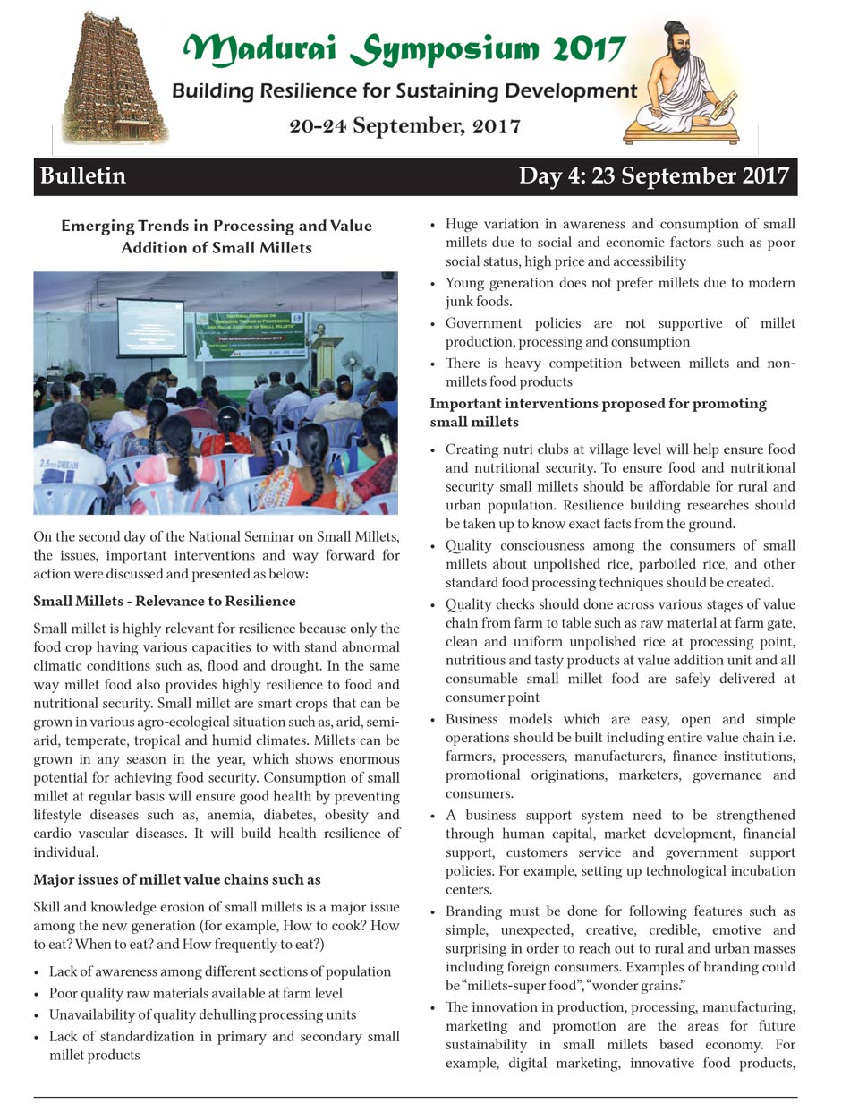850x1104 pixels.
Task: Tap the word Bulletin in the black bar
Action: click(82, 176)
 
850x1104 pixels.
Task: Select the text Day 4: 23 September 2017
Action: click(653, 176)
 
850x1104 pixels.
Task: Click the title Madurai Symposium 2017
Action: click(404, 49)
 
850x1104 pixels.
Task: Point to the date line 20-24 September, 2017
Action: click(404, 126)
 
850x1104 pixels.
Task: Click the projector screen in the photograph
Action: click(150, 328)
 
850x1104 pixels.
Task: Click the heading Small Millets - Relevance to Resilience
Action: click(165, 601)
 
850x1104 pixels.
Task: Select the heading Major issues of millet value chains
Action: click(177, 878)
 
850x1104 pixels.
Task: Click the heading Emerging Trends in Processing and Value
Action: click(217, 226)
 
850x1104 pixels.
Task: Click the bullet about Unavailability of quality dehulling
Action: click(202, 1014)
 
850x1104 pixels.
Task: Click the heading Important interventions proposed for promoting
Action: click(598, 403)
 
